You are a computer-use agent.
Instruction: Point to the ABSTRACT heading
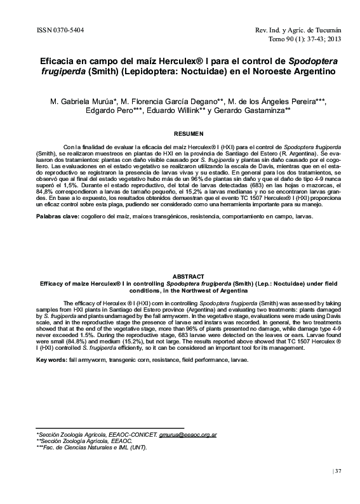coord(179,276)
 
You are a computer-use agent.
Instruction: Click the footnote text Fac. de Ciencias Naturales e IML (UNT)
coord(95,448)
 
